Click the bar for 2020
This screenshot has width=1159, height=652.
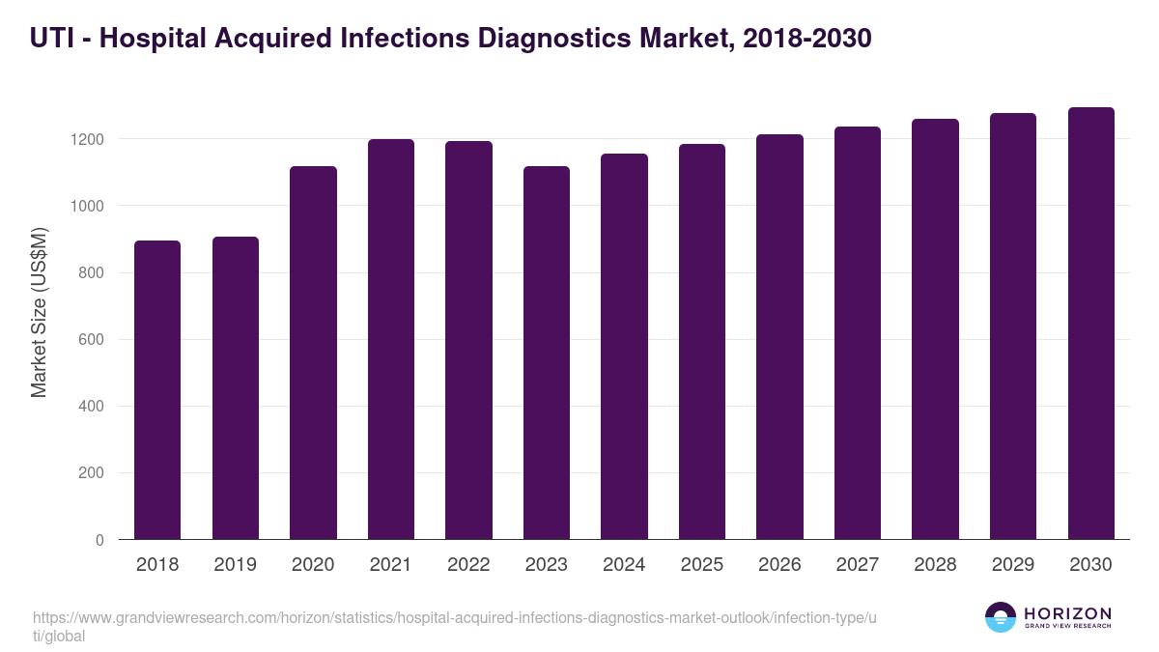pyautogui.click(x=313, y=353)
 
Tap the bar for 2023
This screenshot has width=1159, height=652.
pyautogui.click(x=546, y=353)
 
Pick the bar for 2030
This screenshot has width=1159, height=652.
pyautogui.click(x=1090, y=323)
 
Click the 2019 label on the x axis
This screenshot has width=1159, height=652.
pyautogui.click(x=235, y=565)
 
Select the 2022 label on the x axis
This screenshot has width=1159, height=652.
pyautogui.click(x=468, y=565)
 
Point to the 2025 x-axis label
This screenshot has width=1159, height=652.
pyautogui.click(x=701, y=565)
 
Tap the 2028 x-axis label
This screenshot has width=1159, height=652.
pyautogui.click(x=935, y=565)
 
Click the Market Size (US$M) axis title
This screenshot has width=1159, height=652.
pyautogui.click(x=39, y=312)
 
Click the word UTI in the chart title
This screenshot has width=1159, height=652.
pyautogui.click(x=50, y=38)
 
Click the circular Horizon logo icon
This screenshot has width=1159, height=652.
pyautogui.click(x=1001, y=617)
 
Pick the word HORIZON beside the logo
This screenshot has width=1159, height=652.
pyautogui.click(x=1067, y=613)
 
